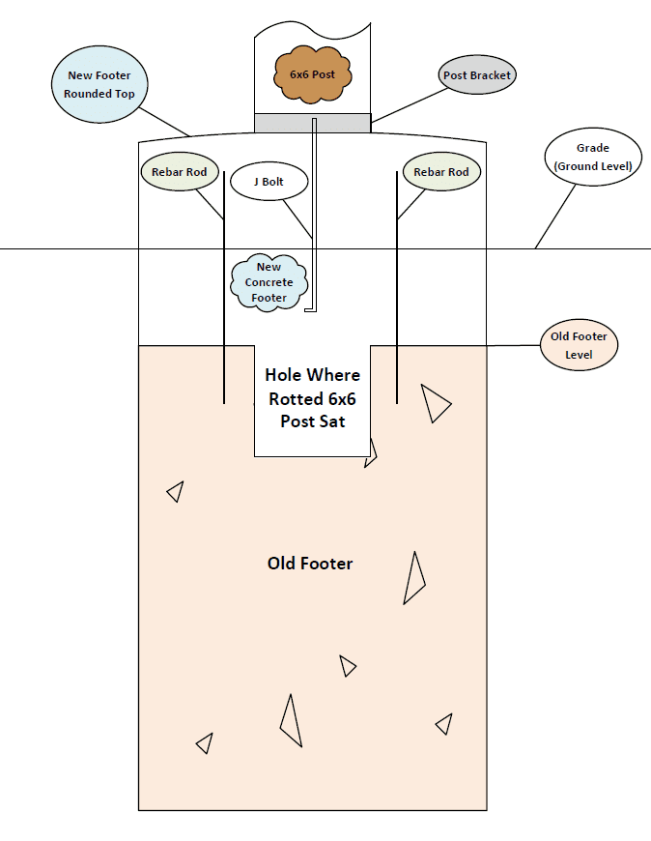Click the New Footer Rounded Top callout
click(100, 84)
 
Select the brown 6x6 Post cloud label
click(312, 73)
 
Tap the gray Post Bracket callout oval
click(476, 75)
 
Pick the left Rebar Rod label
click(179, 172)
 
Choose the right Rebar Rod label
click(440, 172)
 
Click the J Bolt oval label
click(268, 182)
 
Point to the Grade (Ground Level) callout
click(593, 157)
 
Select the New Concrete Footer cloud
click(269, 282)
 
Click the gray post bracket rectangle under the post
click(312, 123)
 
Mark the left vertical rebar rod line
click(224, 290)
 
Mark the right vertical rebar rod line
click(397, 290)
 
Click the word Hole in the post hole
click(287, 375)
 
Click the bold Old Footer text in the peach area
click(310, 563)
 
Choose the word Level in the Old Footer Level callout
click(580, 356)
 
